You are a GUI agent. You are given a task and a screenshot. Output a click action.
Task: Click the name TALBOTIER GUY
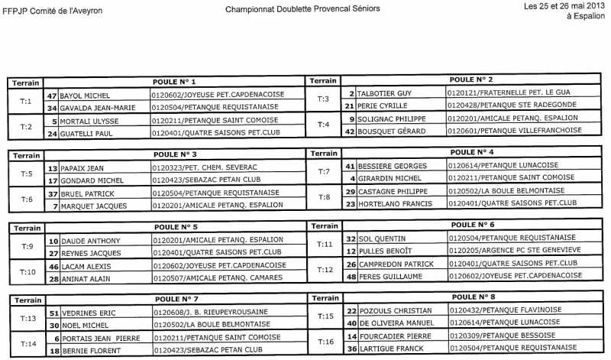click(x=385, y=92)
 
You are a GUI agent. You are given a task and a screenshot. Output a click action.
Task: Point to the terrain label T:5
click(x=26, y=174)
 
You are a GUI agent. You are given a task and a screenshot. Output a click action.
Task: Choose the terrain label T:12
click(x=325, y=270)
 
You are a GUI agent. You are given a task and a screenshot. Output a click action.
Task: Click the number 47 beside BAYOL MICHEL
click(x=52, y=95)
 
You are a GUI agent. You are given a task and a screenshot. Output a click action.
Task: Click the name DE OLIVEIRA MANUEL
click(x=396, y=323)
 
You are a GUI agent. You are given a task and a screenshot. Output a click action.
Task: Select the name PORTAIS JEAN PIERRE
click(x=99, y=337)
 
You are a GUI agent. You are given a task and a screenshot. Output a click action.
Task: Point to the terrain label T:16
click(x=325, y=342)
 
